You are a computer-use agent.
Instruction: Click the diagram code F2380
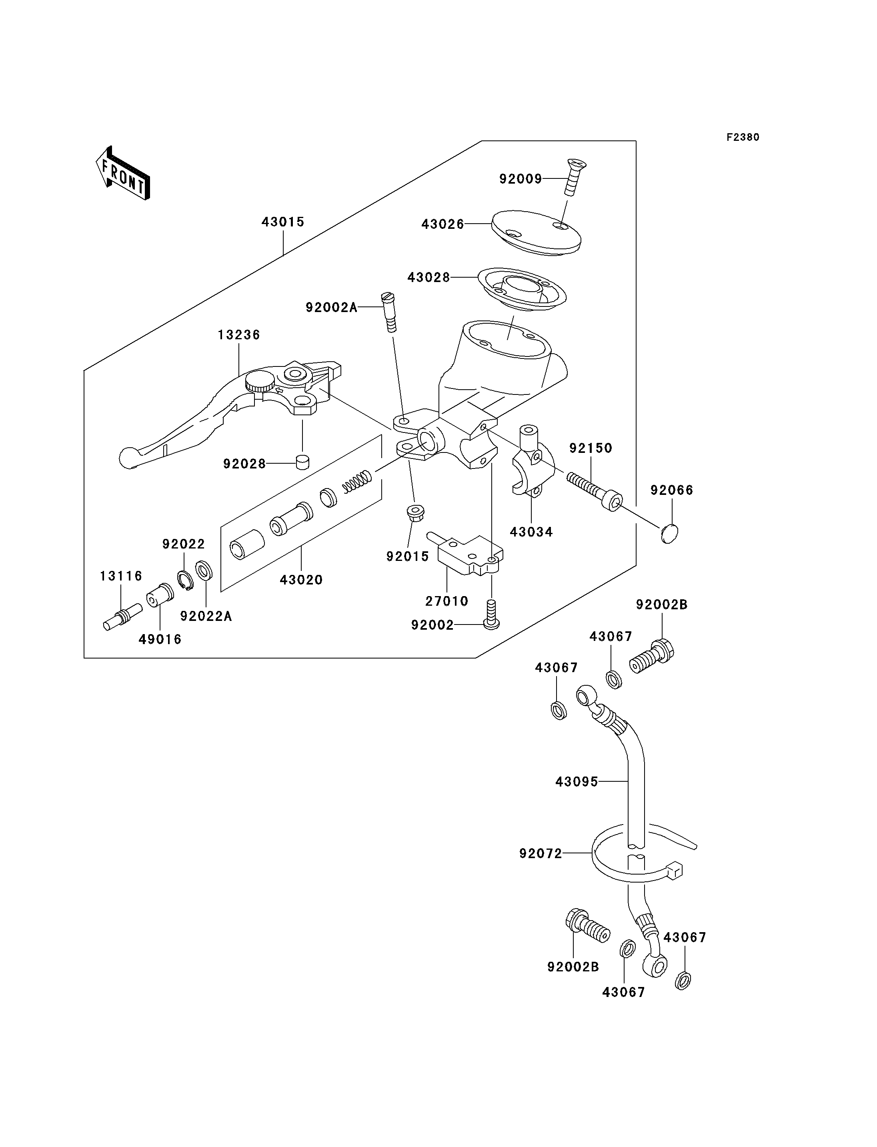pyautogui.click(x=743, y=137)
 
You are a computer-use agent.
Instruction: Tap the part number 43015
pyautogui.click(x=283, y=222)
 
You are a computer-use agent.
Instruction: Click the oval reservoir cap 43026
pyautogui.click(x=536, y=233)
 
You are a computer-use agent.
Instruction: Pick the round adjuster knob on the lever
pyautogui.click(x=260, y=382)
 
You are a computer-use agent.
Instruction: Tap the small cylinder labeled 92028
pyautogui.click(x=302, y=462)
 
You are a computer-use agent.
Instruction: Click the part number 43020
pyautogui.click(x=301, y=580)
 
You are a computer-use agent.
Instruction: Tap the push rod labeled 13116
pyautogui.click(x=123, y=617)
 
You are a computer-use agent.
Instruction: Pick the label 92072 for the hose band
pyautogui.click(x=541, y=854)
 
